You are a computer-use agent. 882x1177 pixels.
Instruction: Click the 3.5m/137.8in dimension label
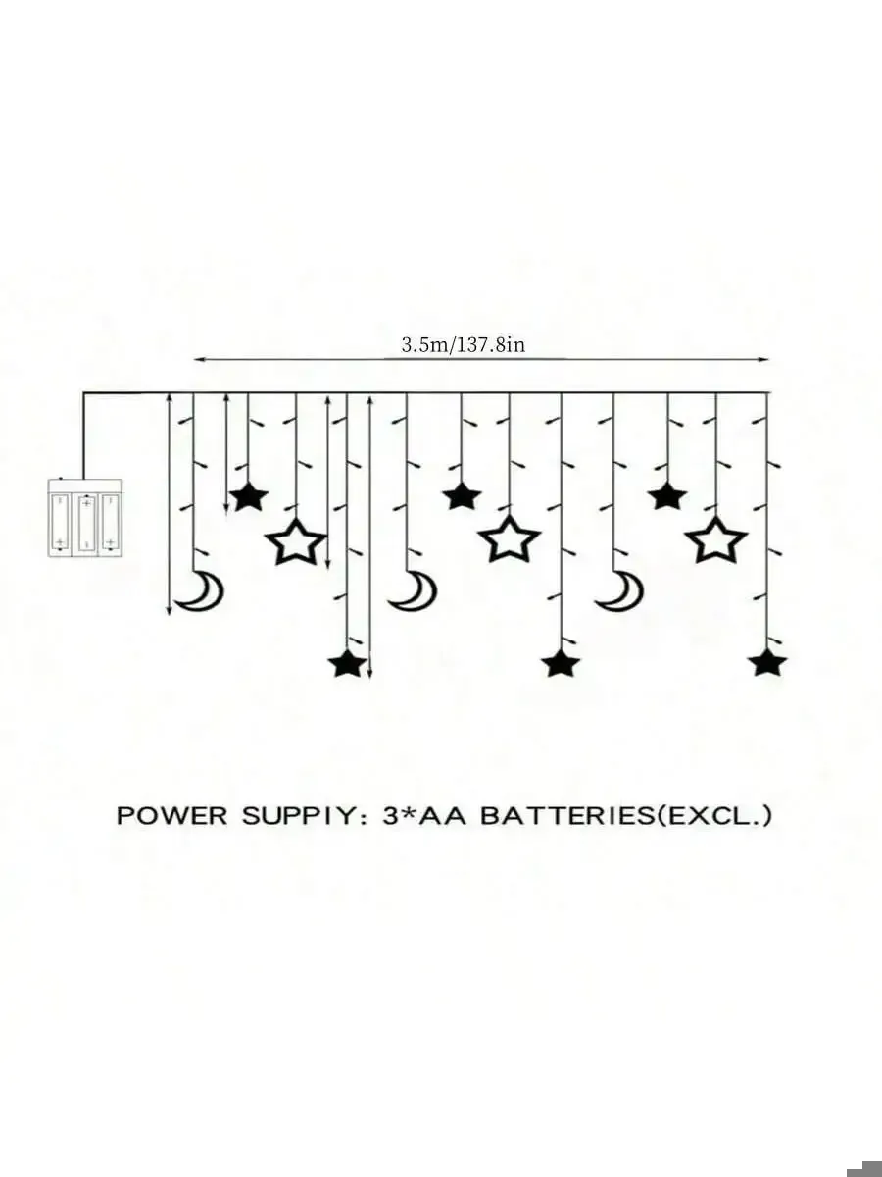click(x=464, y=344)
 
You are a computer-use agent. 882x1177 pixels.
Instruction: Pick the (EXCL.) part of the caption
click(x=715, y=815)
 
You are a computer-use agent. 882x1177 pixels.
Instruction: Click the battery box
click(x=85, y=518)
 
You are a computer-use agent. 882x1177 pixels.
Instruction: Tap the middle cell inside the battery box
click(x=86, y=522)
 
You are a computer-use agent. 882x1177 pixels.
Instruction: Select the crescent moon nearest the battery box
click(x=204, y=590)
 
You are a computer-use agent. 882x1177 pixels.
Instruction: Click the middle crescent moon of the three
click(x=414, y=590)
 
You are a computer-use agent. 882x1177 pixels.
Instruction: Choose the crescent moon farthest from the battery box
click(x=619, y=590)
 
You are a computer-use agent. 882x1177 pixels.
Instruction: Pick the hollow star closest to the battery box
click(x=296, y=541)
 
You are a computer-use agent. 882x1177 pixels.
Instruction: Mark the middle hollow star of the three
click(x=510, y=539)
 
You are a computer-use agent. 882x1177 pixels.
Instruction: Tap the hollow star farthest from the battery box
click(x=716, y=539)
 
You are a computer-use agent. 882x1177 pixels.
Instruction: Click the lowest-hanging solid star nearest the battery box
click(x=347, y=663)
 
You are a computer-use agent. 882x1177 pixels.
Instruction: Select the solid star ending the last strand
click(x=767, y=663)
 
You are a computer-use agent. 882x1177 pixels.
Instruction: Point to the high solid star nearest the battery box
click(x=248, y=496)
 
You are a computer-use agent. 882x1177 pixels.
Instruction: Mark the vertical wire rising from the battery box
click(x=83, y=436)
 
